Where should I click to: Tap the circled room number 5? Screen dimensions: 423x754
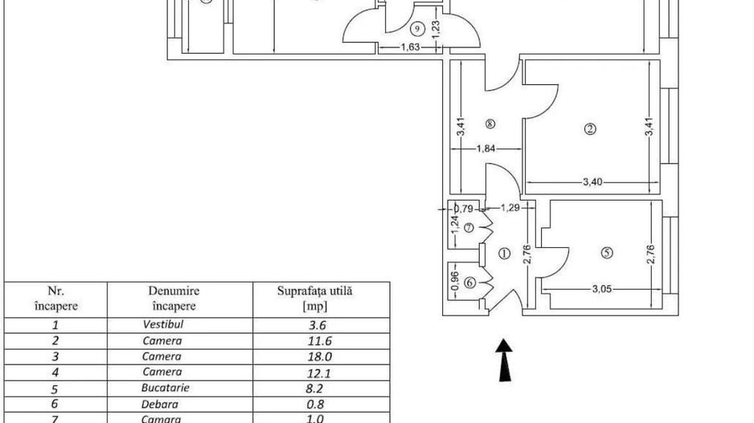(607, 252)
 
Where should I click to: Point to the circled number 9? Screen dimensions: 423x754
(416, 30)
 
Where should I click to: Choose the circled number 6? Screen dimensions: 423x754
(469, 282)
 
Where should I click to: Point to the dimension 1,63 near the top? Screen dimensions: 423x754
(412, 47)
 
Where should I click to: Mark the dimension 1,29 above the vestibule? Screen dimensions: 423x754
(509, 208)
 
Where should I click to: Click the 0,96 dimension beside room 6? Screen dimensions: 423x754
(455, 282)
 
